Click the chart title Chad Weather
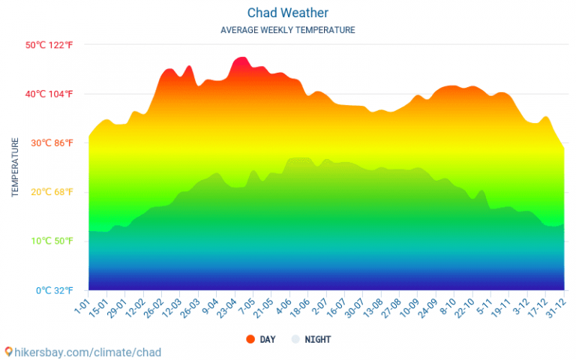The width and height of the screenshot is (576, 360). point(288,13)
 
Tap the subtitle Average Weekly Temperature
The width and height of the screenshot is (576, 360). point(288,30)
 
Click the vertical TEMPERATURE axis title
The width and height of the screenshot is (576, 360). point(15,167)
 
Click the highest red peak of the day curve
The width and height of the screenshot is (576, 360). point(240,58)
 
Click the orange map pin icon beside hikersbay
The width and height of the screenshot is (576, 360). point(8,351)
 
